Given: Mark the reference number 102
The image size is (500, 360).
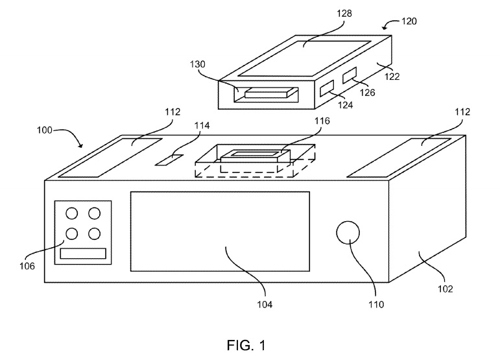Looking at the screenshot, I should (446, 289).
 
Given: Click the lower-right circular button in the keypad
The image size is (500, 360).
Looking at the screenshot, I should (95, 233).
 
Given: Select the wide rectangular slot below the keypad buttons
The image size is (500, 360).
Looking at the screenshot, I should (83, 253).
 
